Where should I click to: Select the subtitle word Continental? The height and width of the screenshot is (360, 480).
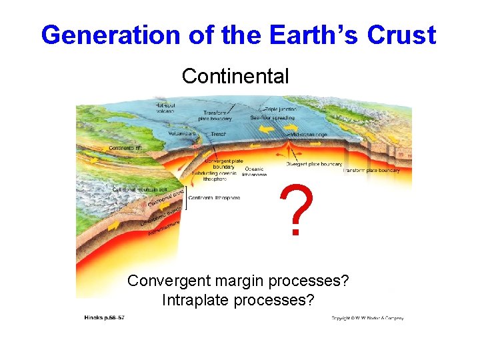(235, 76)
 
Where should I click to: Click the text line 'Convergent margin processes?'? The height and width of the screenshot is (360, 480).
(238, 281)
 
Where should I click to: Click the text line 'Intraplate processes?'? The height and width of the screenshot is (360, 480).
(238, 300)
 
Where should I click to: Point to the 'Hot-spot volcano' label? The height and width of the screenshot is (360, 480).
(167, 107)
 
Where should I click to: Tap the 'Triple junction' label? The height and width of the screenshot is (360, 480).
(285, 108)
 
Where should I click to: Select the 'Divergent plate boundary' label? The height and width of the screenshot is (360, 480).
(314, 164)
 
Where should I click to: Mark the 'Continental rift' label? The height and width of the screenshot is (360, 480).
(125, 148)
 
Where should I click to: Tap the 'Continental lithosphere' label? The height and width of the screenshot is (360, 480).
(214, 197)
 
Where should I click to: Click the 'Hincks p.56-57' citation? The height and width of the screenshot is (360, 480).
(104, 317)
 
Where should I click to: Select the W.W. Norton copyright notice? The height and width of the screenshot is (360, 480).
(367, 318)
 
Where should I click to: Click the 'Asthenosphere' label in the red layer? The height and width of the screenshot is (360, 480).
(165, 228)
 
